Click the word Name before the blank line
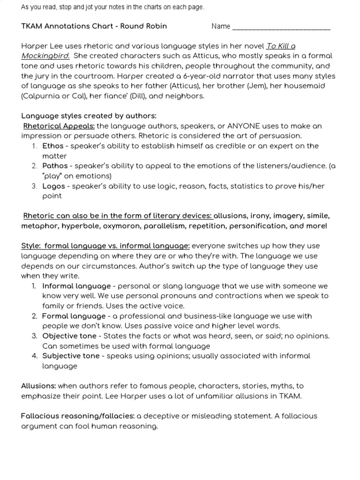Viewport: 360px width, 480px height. (220, 26)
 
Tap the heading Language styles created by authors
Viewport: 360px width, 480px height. (89, 116)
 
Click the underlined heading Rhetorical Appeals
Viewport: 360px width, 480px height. (59, 126)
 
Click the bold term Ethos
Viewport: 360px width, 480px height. (52, 146)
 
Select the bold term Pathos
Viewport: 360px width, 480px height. (55, 166)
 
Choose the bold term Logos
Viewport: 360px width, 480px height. (53, 186)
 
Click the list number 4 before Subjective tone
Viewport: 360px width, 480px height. (35, 356)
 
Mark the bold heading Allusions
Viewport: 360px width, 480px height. (38, 386)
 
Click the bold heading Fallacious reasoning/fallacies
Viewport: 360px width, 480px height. (78, 416)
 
